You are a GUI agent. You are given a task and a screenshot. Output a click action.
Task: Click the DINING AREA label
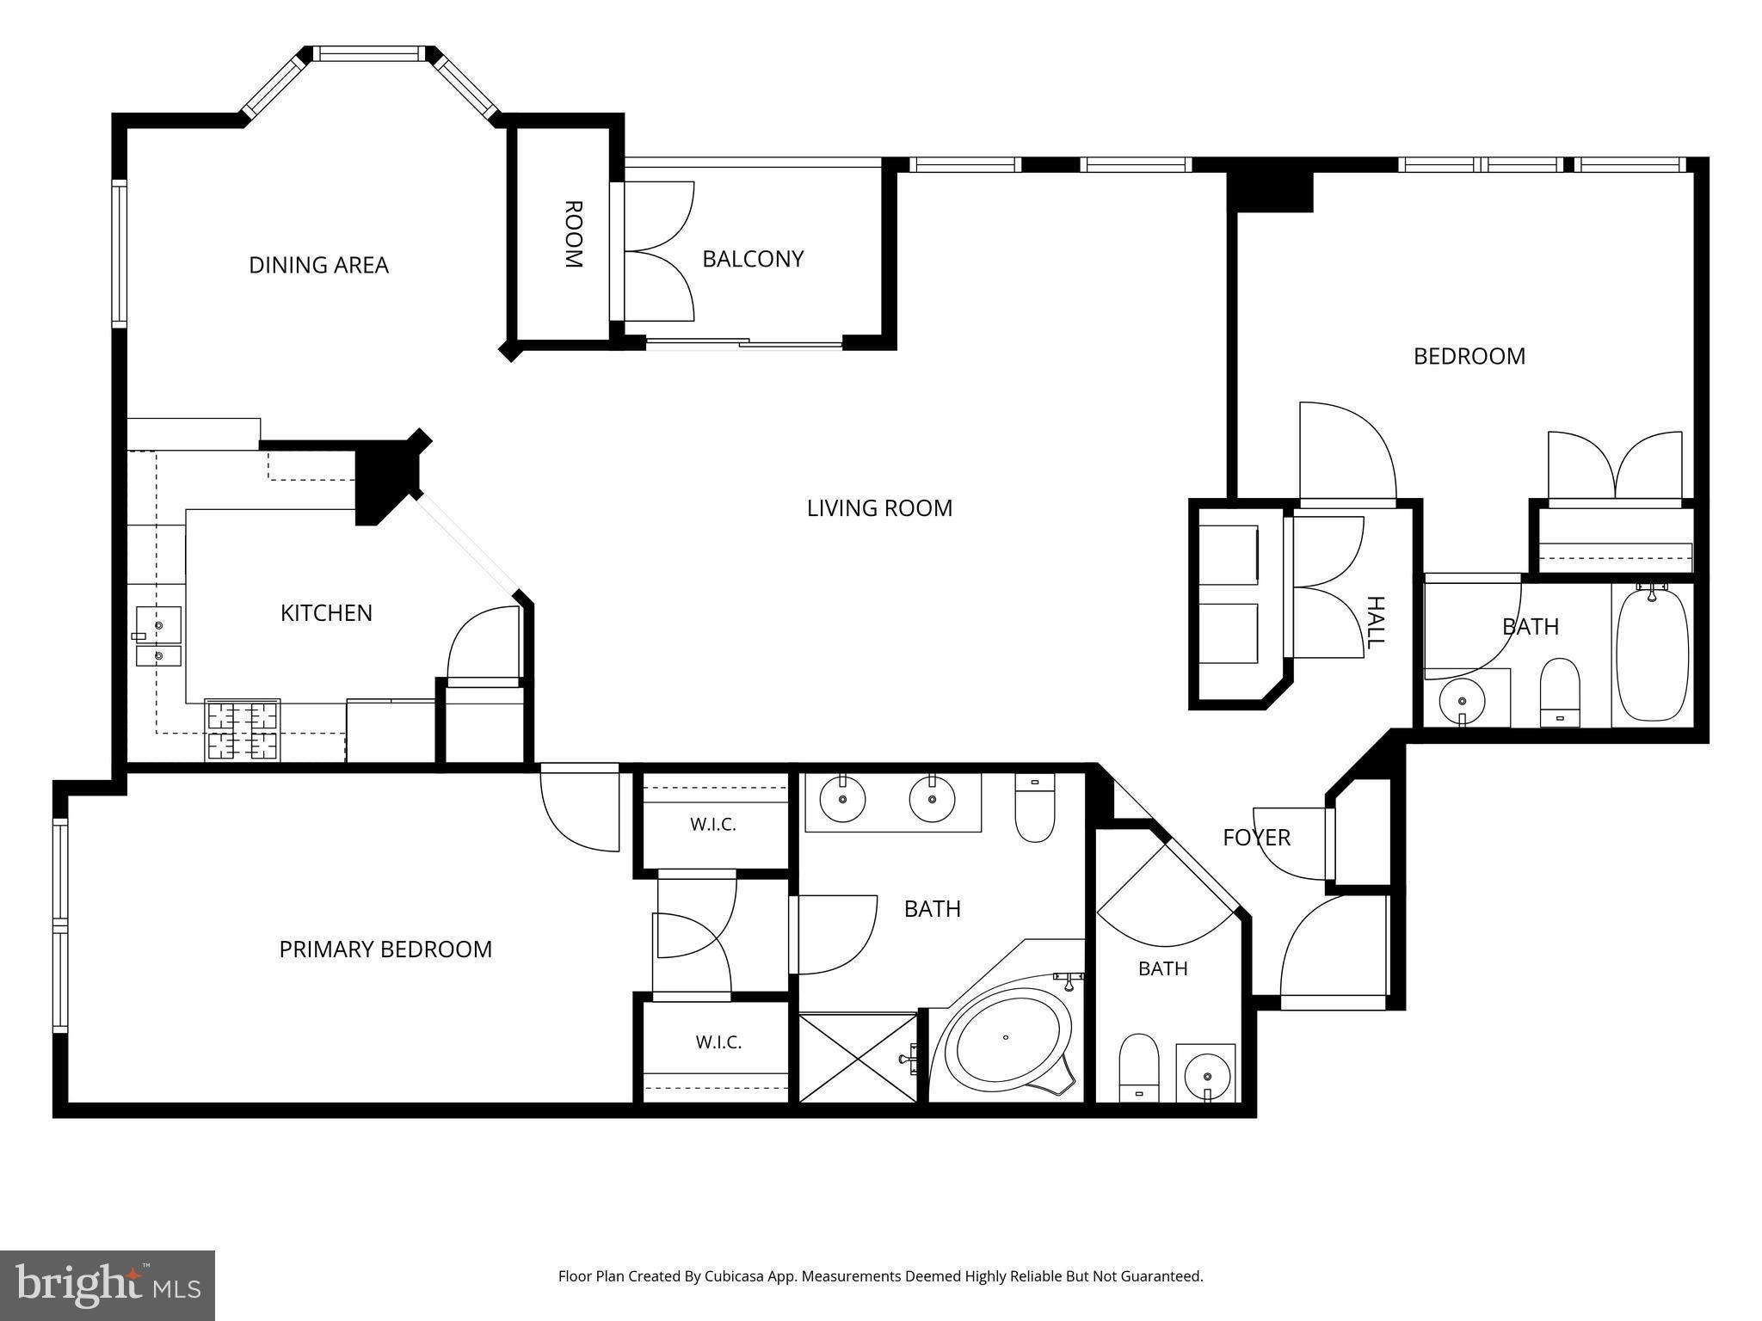click(x=318, y=265)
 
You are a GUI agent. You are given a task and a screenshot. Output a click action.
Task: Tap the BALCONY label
click(x=753, y=259)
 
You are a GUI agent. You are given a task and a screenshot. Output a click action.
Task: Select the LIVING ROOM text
click(x=879, y=508)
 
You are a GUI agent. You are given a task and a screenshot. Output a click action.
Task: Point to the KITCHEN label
click(x=326, y=613)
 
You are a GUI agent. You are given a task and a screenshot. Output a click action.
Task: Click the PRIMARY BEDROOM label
click(x=385, y=949)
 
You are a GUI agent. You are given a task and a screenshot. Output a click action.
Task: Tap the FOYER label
click(x=1256, y=838)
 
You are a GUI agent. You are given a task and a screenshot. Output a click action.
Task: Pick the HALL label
click(x=1376, y=623)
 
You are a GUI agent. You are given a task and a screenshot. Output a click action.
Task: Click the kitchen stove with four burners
click(x=243, y=730)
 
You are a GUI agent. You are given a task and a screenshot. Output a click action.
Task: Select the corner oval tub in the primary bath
click(x=1009, y=1041)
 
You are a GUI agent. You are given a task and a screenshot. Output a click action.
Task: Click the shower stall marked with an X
click(x=859, y=1058)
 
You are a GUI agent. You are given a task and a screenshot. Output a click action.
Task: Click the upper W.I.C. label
click(x=713, y=825)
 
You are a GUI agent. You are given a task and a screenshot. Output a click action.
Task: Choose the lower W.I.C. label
click(x=718, y=1042)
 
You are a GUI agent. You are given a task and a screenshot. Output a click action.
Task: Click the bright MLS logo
click(x=108, y=1286)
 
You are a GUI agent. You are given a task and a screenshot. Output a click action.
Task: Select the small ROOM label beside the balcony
click(x=574, y=234)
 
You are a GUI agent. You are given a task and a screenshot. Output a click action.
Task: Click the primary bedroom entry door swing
click(x=580, y=808)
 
